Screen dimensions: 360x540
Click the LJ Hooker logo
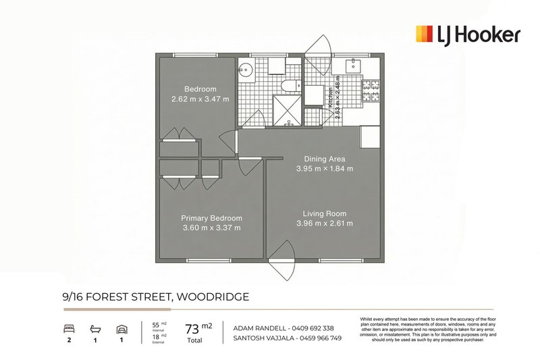467,34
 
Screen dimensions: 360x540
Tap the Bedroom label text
200,89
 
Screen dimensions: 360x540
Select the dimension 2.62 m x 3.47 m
200,99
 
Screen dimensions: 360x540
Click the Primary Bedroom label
211,218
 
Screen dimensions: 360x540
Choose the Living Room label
324,213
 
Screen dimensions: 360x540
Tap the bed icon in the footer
69,329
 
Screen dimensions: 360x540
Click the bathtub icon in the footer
94,329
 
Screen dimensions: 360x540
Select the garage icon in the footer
121,329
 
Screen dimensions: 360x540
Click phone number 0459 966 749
318,338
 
